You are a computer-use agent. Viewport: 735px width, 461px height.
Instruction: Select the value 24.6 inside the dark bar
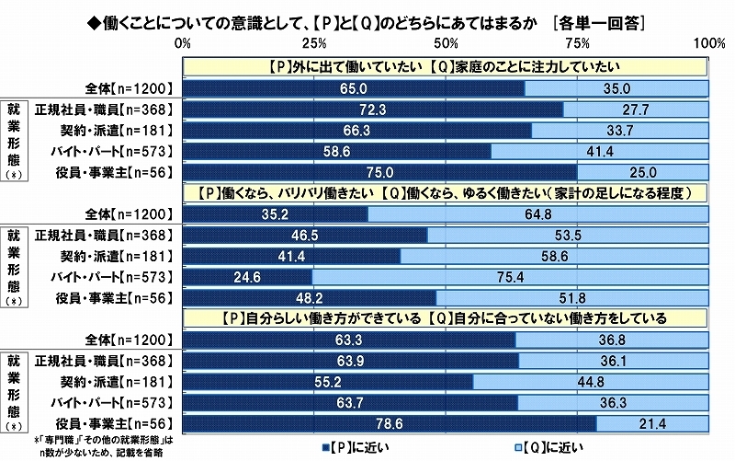click(248, 277)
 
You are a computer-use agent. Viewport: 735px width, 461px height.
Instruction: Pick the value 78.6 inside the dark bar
click(390, 423)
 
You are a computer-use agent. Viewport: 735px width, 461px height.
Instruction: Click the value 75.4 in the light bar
click(511, 277)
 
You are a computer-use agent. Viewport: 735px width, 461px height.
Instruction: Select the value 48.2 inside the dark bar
click(311, 298)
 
